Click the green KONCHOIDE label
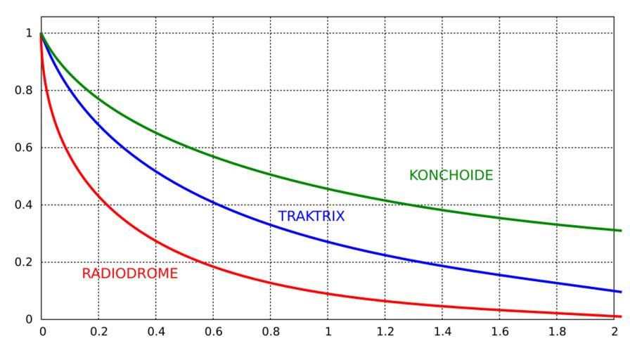pyautogui.click(x=451, y=176)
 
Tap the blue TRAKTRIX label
pyautogui.click(x=311, y=217)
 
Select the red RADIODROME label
pyautogui.click(x=130, y=274)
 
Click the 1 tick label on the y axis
pyautogui.click(x=29, y=33)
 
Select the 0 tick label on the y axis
pyautogui.click(x=29, y=320)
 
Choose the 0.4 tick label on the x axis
pyautogui.click(x=156, y=333)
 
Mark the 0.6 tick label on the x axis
pyautogui.click(x=213, y=333)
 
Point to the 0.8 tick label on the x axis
pyautogui.click(x=271, y=333)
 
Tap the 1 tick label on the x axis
pyautogui.click(x=328, y=333)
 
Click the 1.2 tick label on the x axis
pyautogui.click(x=385, y=333)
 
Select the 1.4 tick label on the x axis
pyautogui.click(x=442, y=333)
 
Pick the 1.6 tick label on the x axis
pyautogui.click(x=500, y=333)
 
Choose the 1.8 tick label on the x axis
pyautogui.click(x=557, y=333)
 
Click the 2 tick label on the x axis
pyautogui.click(x=615, y=333)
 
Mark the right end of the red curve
pyautogui.click(x=621, y=316)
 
